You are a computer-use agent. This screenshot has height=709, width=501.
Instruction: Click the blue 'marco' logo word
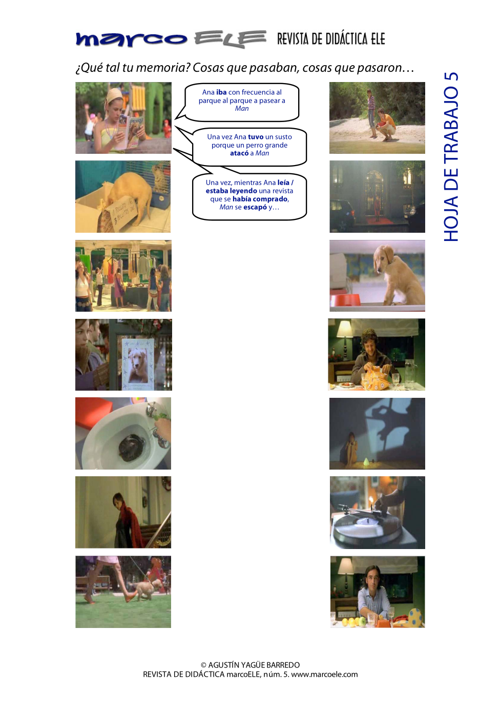(131, 39)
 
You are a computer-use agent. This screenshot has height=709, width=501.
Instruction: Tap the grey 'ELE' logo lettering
(230, 39)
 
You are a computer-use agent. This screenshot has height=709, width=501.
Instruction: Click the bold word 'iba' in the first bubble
(221, 92)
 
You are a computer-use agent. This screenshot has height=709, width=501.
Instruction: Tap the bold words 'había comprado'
(260, 199)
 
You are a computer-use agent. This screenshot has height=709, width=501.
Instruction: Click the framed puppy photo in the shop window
(138, 363)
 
